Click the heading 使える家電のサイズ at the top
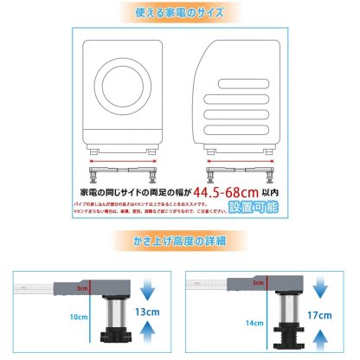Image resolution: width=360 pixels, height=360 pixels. pyautogui.click(x=179, y=14)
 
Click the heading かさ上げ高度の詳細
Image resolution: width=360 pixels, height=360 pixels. pyautogui.click(x=179, y=240)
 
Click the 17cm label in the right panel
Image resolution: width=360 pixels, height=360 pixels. pyautogui.click(x=327, y=316)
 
